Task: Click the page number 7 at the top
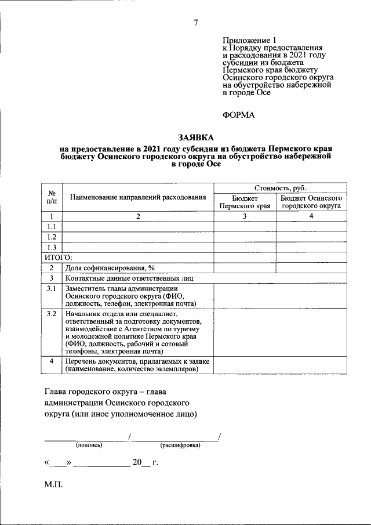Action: pos(195,23)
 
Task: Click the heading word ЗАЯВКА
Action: pos(196,137)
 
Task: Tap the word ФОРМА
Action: pos(239,115)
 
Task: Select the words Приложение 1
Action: pos(246,40)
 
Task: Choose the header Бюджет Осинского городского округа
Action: pos(311,202)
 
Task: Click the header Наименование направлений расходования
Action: pos(138,197)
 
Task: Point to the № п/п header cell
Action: pos(52,197)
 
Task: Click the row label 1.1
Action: pos(52,227)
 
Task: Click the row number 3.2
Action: pos(52,314)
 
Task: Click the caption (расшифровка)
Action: pos(180,446)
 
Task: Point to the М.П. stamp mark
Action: pos(54,484)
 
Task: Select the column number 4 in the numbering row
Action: pos(311,216)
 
